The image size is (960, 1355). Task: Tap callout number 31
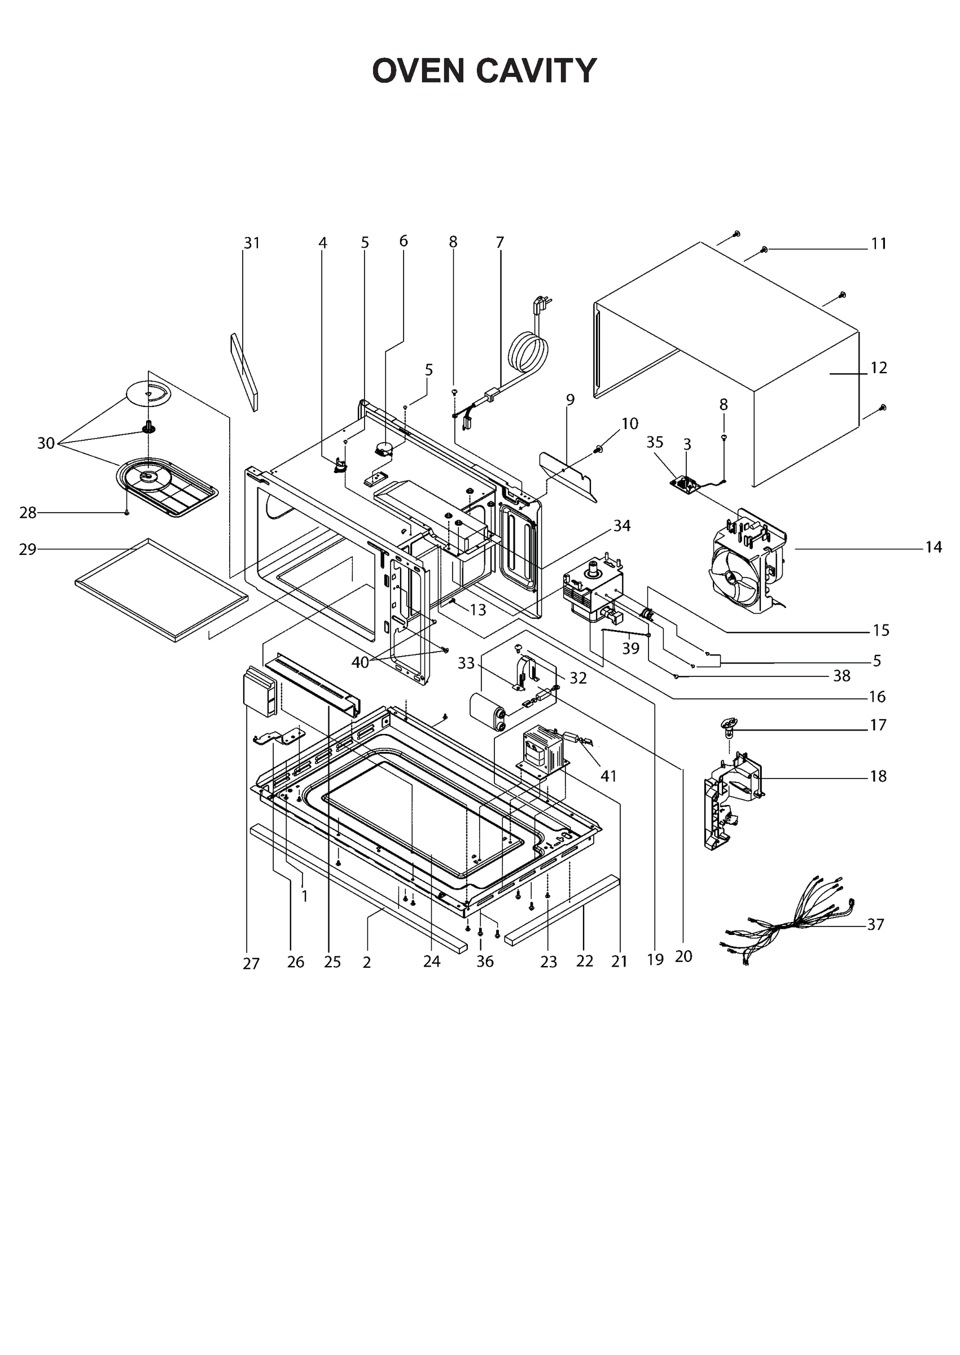pos(252,243)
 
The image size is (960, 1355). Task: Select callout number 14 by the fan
pos(933,548)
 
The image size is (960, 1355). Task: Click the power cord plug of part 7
pos(540,305)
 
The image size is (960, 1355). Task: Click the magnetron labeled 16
pos(591,587)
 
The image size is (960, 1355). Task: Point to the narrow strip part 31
pos(244,372)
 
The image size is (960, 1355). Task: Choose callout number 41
pos(608,776)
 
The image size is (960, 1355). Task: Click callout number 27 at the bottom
pos(251,964)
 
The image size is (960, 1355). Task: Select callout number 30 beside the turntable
pos(46,443)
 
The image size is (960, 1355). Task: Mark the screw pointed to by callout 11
pos(764,250)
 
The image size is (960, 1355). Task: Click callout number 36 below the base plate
pos(485,962)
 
